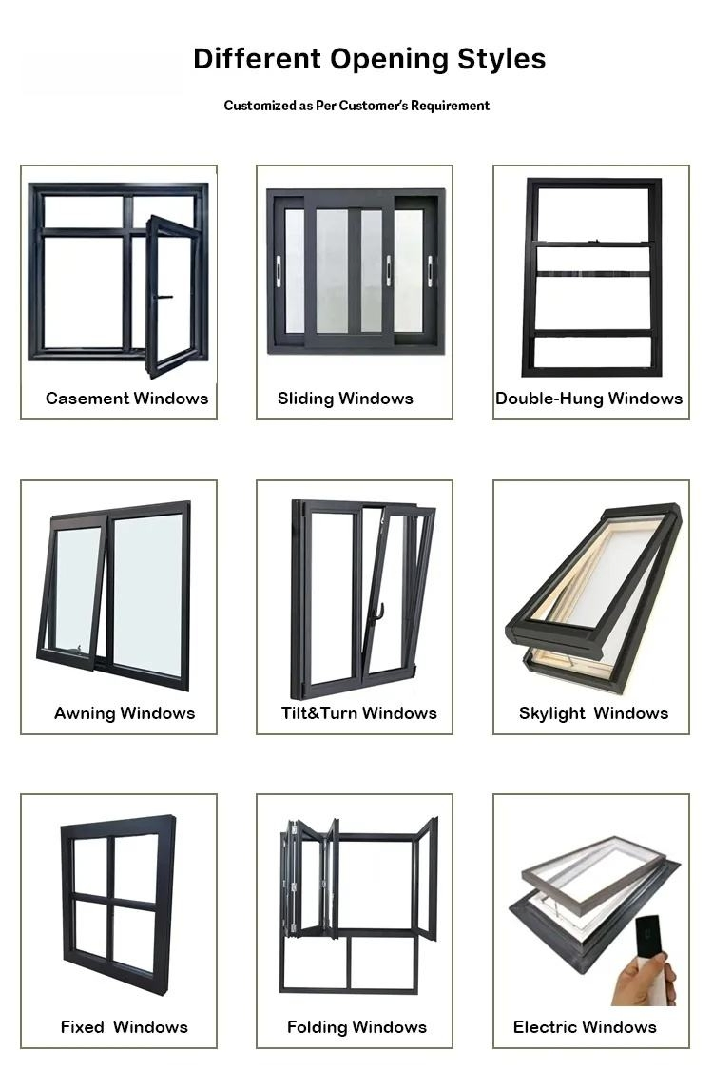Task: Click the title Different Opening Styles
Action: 369,59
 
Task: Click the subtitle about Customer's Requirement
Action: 356,106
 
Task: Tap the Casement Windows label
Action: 126,399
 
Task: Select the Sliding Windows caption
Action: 345,399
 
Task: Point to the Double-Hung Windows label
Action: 589,399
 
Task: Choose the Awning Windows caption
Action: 125,713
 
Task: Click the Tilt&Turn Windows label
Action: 358,713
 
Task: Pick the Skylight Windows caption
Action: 593,713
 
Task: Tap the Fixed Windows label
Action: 124,1027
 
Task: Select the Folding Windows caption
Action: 356,1027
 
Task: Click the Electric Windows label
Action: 585,1027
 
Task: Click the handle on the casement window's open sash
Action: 164,298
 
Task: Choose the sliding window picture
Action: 355,271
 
